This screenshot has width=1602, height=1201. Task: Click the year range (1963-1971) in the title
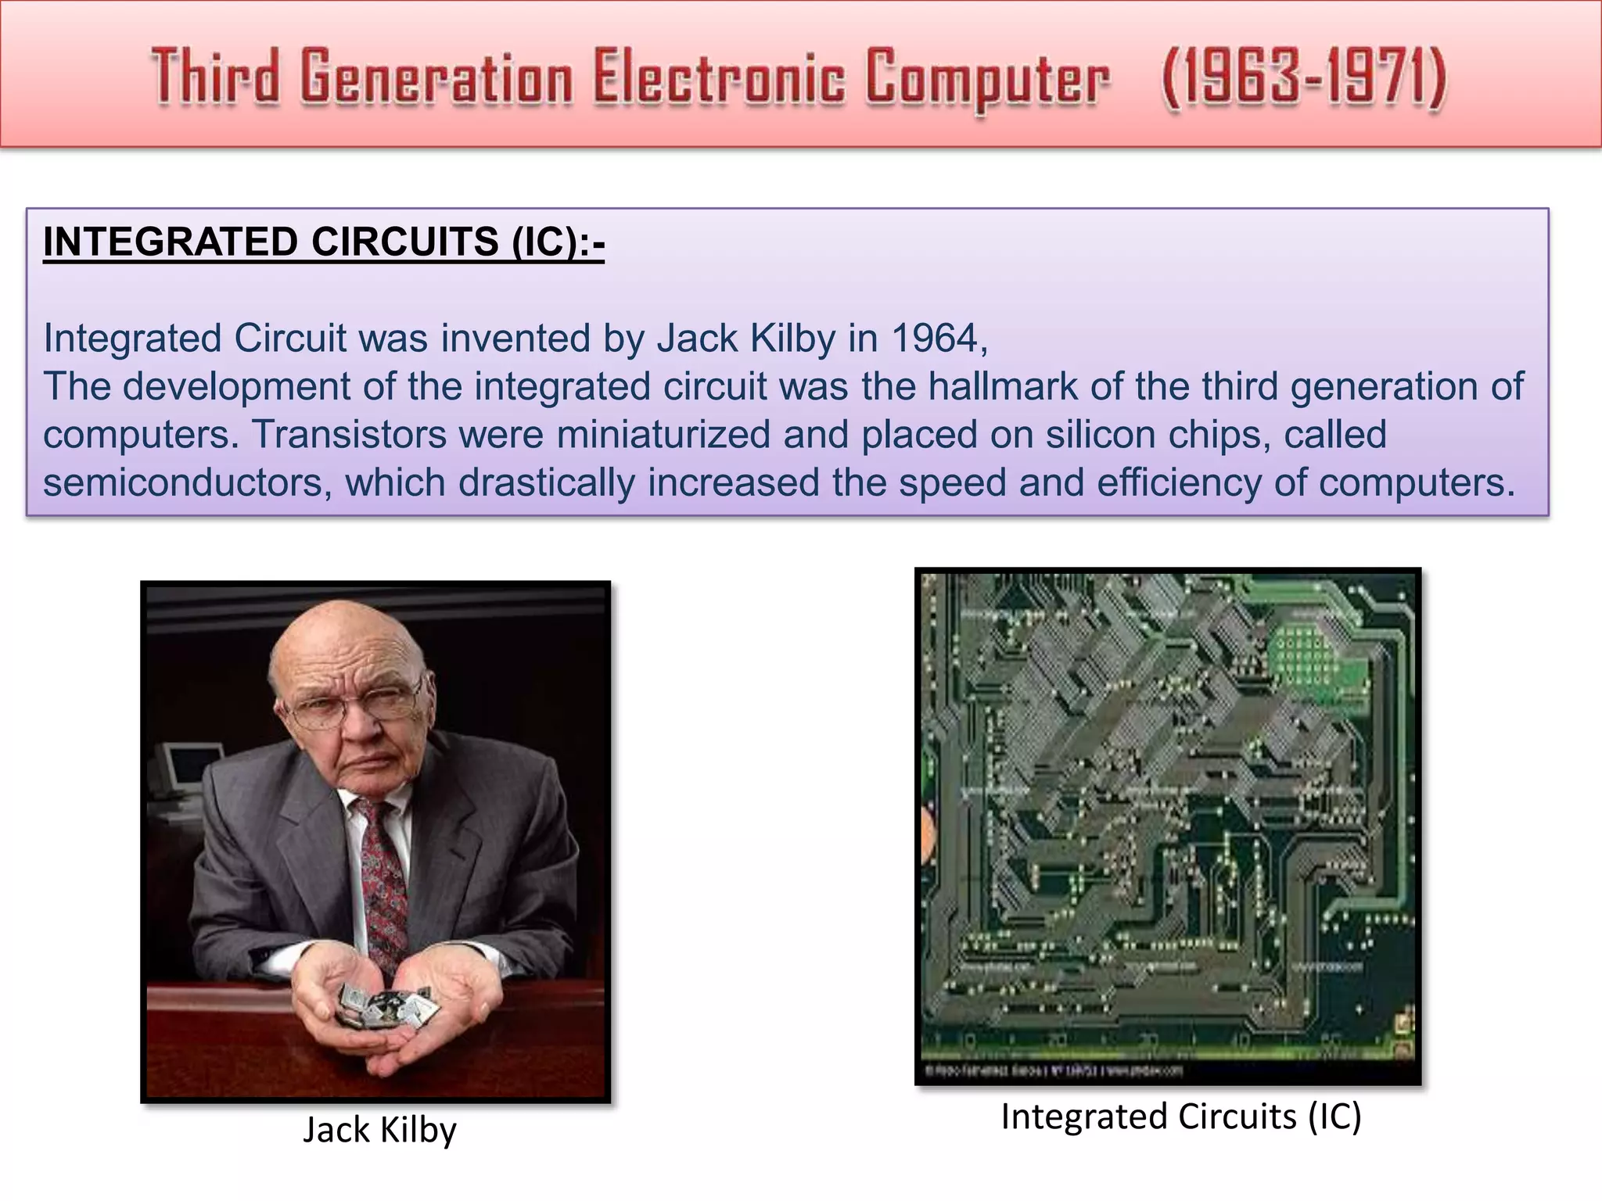tap(1304, 78)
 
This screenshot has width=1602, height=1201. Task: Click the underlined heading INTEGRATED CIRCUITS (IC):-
tap(324, 242)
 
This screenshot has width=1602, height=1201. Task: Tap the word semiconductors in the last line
tap(182, 482)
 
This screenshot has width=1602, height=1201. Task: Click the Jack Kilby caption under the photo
tap(379, 1130)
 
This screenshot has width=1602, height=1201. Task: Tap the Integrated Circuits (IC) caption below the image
tap(1181, 1117)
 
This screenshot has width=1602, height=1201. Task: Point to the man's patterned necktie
tap(383, 884)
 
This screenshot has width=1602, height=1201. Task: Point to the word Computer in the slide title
tap(987, 78)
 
